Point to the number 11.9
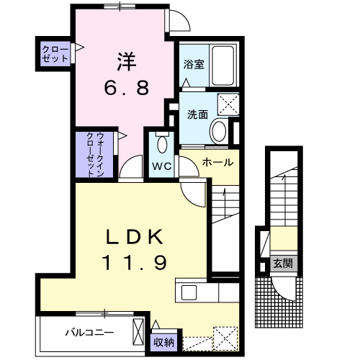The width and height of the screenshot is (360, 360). click(137, 262)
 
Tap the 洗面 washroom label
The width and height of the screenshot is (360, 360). click(198, 114)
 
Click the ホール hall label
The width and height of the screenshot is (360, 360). click(216, 162)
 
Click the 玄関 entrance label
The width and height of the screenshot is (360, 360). click(281, 263)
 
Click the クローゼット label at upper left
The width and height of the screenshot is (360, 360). click(55, 54)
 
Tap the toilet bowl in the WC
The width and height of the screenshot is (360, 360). click(161, 143)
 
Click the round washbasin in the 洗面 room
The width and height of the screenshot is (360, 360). click(219, 130)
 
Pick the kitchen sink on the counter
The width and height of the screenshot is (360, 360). click(190, 293)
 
